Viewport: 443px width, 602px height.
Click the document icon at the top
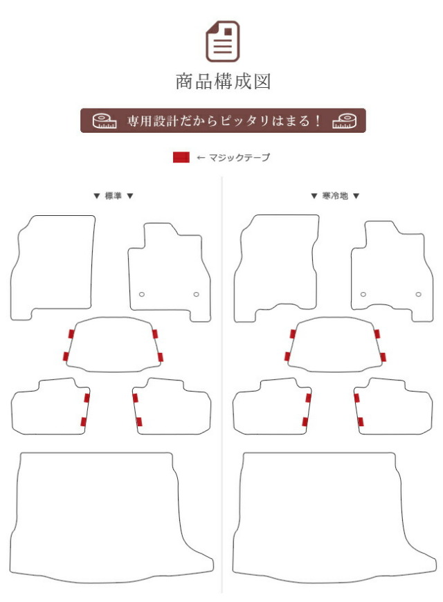pyautogui.click(x=222, y=42)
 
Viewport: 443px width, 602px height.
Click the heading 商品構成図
pyautogui.click(x=223, y=82)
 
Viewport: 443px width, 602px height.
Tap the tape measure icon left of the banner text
pyautogui.click(x=105, y=121)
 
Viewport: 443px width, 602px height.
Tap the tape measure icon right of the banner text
pyautogui.click(x=344, y=121)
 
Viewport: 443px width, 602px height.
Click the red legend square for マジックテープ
pyautogui.click(x=181, y=157)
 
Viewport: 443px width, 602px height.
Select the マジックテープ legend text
pyautogui.click(x=239, y=157)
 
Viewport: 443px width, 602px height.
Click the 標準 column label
pyautogui.click(x=114, y=196)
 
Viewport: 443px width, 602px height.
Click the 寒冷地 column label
pyautogui.click(x=334, y=196)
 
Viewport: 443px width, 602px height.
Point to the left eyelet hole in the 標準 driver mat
pyautogui.click(x=142, y=295)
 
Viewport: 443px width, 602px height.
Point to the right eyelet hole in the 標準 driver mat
pyautogui.click(x=197, y=295)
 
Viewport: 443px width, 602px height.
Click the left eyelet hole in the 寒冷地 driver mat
pyautogui.click(x=363, y=295)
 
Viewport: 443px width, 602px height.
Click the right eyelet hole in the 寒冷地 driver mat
pyautogui.click(x=418, y=295)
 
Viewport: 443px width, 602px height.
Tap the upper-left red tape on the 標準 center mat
pyautogui.click(x=71, y=334)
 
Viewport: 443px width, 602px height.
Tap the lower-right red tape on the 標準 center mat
pyautogui.click(x=160, y=357)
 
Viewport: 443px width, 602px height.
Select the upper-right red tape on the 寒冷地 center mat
pyautogui.click(x=377, y=334)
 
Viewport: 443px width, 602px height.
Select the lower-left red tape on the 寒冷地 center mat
pyautogui.click(x=287, y=356)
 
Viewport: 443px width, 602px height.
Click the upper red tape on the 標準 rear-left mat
pyautogui.click(x=87, y=398)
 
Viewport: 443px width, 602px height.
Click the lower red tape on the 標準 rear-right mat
pyautogui.click(x=139, y=421)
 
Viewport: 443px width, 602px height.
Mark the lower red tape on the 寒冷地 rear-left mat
pyautogui.click(x=305, y=421)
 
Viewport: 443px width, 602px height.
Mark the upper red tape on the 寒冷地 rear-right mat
pyautogui.click(x=357, y=398)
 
